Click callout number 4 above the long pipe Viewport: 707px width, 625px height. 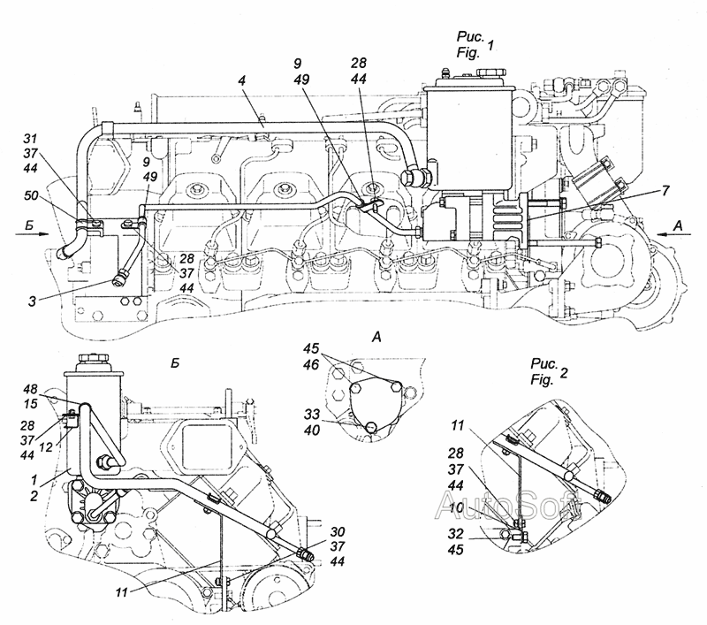click(242, 81)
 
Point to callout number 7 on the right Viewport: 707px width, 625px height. click(666, 191)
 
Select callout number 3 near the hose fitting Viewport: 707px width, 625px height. click(32, 301)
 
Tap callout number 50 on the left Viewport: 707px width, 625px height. click(31, 195)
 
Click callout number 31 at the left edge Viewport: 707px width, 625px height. click(30, 138)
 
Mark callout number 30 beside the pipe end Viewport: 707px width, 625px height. click(338, 531)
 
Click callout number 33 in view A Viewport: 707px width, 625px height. click(312, 414)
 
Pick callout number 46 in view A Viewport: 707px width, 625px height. click(312, 364)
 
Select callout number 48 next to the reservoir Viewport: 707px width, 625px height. click(30, 389)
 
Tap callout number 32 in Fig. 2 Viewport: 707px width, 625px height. click(456, 534)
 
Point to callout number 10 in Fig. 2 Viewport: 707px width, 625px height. click(456, 507)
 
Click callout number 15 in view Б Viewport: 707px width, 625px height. click(31, 404)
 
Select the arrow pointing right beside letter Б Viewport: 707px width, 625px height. click(31, 233)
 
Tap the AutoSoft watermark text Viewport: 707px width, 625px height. click(509, 505)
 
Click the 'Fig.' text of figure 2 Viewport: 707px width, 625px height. click(543, 380)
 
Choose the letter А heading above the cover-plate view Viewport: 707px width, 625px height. click(376, 337)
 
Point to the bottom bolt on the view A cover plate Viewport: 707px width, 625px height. click(370, 426)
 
